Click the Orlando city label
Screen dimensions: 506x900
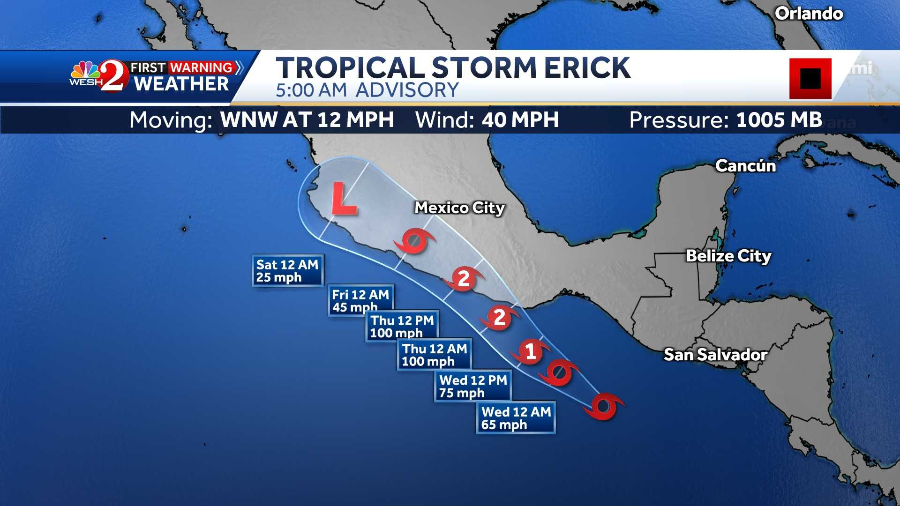coord(809,14)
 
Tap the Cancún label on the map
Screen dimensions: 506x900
coord(745,166)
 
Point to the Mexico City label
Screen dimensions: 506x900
coord(459,208)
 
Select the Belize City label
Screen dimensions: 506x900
coord(728,256)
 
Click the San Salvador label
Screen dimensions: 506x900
coord(715,355)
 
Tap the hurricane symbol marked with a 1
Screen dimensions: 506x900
coord(530,351)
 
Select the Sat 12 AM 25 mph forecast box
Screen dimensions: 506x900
coord(287,271)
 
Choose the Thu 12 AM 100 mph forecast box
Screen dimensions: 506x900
coord(435,355)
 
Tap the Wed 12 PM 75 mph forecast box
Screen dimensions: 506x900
coord(473,386)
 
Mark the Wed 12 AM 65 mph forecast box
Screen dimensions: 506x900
coord(516,418)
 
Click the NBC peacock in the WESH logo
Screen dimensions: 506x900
coord(85,70)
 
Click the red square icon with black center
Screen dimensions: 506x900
coord(810,78)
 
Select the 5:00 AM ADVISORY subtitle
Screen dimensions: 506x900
coord(367,90)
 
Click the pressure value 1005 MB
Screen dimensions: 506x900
coord(779,120)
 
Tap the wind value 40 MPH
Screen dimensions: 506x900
coord(520,120)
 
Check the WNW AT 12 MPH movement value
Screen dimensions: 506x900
coord(307,120)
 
